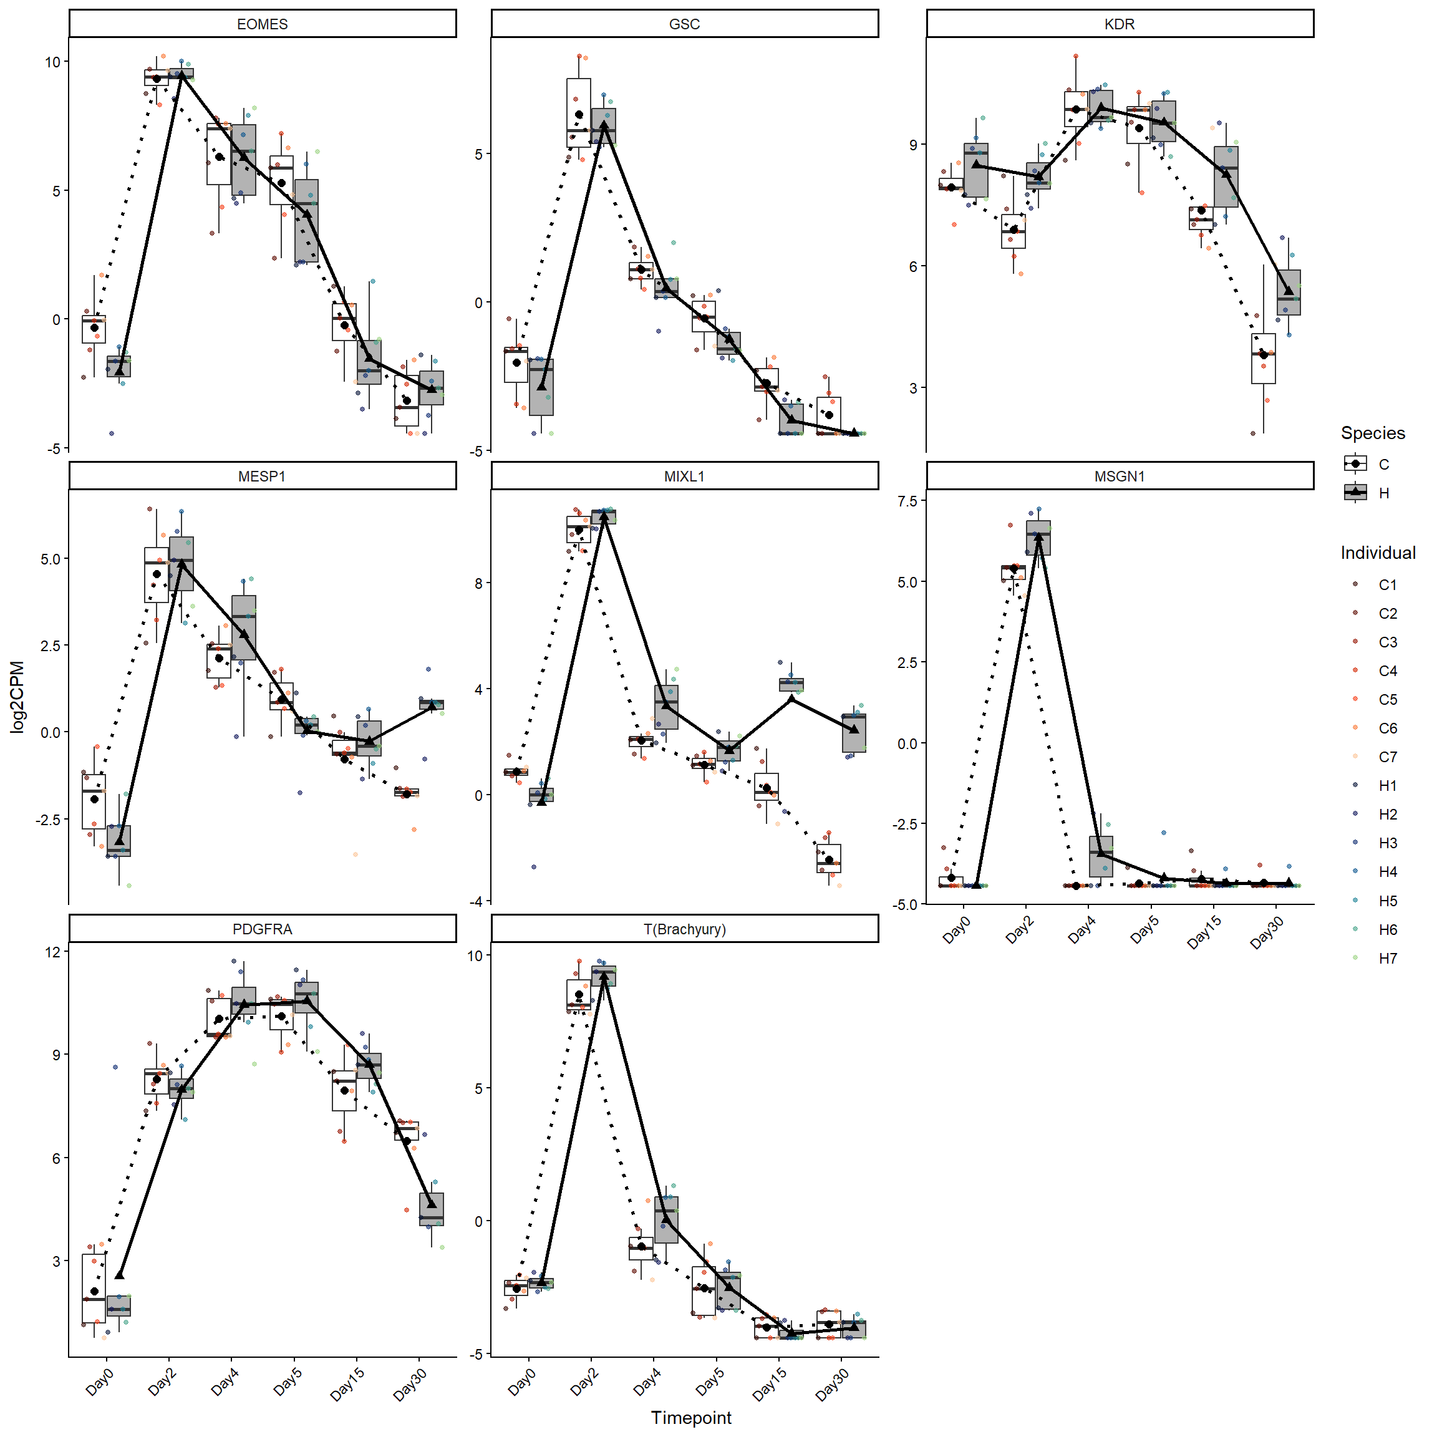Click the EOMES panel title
(x=262, y=24)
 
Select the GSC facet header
(x=684, y=24)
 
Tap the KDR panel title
(x=1119, y=24)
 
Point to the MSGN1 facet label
(x=1119, y=476)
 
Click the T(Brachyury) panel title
(x=684, y=929)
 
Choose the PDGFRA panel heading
(x=262, y=929)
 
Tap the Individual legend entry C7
(x=1386, y=757)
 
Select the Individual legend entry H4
(x=1386, y=872)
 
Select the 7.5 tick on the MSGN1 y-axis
(x=907, y=501)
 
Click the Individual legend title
(x=1378, y=553)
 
